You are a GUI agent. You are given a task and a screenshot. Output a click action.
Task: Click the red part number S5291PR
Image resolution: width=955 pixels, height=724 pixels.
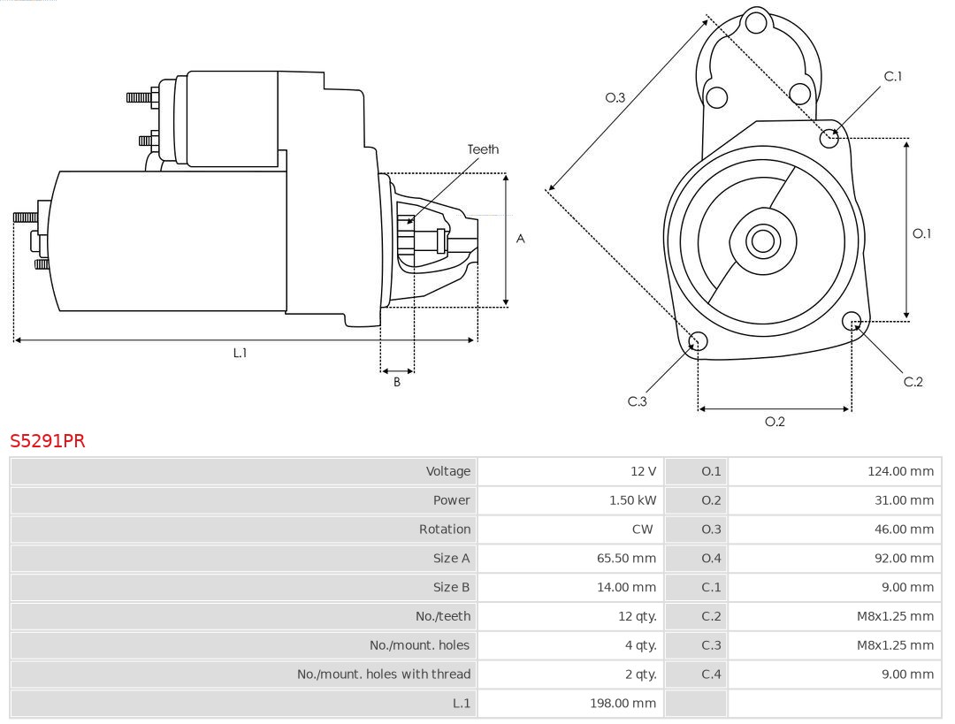48,441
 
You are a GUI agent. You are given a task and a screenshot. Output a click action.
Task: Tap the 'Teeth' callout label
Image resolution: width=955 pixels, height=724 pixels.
483,149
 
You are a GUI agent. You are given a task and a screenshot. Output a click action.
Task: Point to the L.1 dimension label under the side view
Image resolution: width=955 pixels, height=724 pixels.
240,353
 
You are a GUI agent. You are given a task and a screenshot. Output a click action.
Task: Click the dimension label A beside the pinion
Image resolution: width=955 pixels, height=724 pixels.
521,239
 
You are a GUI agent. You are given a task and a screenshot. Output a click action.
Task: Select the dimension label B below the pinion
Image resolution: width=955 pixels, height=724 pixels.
397,382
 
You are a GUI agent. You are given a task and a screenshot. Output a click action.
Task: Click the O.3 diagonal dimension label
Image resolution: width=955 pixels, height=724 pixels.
615,97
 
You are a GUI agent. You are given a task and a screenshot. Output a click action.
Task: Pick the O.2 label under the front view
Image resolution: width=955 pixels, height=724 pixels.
775,422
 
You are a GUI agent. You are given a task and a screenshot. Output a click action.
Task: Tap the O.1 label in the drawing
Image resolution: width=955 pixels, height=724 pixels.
921,233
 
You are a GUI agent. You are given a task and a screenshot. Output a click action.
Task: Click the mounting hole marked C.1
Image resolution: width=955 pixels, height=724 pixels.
829,138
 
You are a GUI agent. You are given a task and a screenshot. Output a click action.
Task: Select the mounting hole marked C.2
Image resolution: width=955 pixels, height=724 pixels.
852,320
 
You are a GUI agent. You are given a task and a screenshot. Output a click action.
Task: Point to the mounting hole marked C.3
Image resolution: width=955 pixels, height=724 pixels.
698,342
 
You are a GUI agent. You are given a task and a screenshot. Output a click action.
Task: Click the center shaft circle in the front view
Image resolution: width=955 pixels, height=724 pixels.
761,240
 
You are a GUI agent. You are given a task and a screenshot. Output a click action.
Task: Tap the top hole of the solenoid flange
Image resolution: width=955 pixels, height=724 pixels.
755,22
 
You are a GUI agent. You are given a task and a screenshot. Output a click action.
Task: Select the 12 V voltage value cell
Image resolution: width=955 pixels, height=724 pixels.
643,471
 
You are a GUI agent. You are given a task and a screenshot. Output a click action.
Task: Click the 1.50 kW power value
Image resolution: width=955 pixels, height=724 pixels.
632,500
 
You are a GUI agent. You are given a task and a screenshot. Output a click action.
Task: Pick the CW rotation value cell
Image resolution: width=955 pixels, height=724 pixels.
642,530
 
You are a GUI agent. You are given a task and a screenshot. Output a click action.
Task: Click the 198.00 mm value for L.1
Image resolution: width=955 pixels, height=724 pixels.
623,704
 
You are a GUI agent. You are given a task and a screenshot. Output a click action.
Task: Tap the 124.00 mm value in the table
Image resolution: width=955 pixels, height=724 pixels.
900,471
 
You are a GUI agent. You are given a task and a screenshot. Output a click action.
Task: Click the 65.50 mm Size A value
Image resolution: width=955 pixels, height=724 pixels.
626,559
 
